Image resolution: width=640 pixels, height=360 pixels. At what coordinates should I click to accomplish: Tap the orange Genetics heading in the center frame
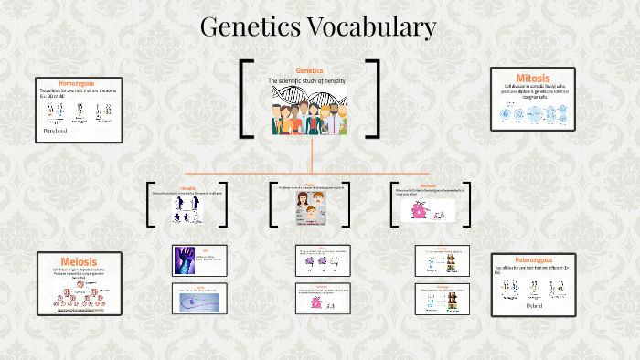coord(311,70)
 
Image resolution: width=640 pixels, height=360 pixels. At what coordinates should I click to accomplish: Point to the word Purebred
coord(57,131)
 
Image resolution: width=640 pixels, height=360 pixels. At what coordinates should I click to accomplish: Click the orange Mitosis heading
coord(533,78)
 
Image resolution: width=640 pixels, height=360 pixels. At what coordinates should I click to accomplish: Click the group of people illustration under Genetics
coord(309,117)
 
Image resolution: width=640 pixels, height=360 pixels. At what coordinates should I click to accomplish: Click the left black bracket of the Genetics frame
coord(246,99)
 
